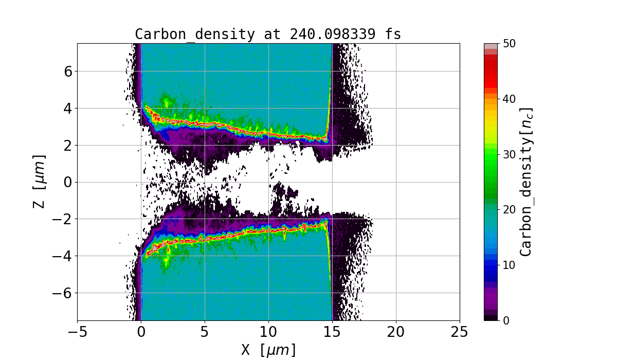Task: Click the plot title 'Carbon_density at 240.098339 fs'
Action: (268, 34)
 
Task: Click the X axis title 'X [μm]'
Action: (268, 350)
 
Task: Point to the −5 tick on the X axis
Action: (77, 332)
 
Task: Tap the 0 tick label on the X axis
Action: (141, 332)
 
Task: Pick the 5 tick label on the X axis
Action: (205, 332)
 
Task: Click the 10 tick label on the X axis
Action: (268, 332)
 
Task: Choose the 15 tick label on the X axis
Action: (332, 332)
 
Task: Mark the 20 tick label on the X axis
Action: (396, 332)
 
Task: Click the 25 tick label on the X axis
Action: (460, 332)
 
